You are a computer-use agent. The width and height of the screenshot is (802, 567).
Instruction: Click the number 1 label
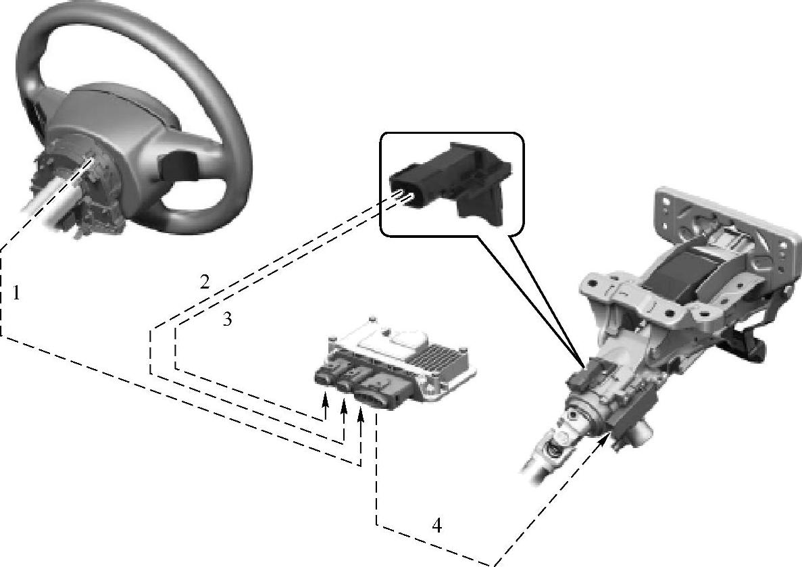click(x=16, y=293)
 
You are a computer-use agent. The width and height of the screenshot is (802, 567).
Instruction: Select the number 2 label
click(x=205, y=282)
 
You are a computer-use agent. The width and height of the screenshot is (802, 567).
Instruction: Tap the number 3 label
click(x=228, y=320)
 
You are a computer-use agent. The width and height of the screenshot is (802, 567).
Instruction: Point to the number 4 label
click(x=436, y=526)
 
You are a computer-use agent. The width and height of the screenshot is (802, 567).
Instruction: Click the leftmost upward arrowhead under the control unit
click(x=324, y=398)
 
